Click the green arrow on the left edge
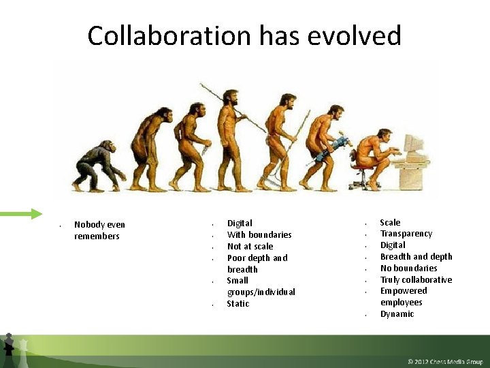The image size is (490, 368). point(20,214)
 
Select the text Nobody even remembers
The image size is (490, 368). point(99,230)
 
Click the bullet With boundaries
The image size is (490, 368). point(259,234)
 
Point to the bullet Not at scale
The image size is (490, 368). point(250,246)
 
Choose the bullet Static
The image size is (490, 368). point(238,303)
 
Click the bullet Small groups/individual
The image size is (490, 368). point(261,286)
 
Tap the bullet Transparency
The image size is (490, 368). point(406,234)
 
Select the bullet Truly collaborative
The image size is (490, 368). point(416,279)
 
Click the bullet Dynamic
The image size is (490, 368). point(397,314)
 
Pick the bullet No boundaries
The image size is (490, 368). point(408,268)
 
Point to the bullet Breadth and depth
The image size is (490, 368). point(416,256)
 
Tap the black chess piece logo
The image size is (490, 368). point(8,346)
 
